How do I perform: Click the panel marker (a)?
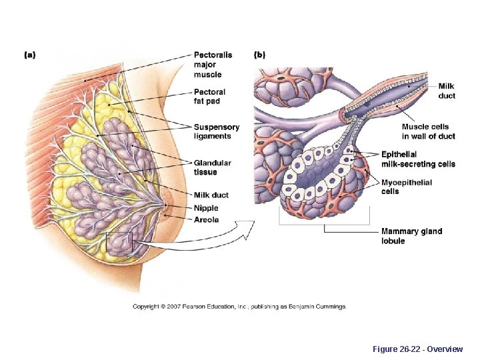pos(30,55)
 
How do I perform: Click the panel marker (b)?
pos(259,55)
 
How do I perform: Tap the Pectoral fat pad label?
pos(209,97)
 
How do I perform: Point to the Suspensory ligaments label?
pos(216,131)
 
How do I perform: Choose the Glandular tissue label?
pos(213,167)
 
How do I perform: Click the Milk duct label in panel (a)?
pos(211,195)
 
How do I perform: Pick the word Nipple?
pos(206,209)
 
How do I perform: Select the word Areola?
pos(206,220)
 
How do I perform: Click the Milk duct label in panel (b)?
pos(447,91)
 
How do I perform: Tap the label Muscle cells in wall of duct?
pos(427,131)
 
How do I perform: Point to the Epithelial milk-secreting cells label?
pos(418,159)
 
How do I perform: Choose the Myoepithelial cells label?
pos(406,187)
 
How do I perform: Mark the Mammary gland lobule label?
pos(411,236)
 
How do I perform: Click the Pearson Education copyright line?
pos(239,307)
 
